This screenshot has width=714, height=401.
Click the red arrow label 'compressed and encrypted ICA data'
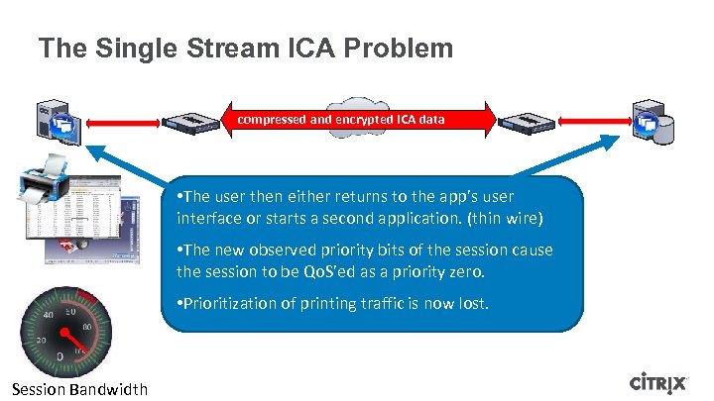point(340,120)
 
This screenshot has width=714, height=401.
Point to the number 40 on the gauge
point(48,316)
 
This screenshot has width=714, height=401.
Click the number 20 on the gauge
point(41,340)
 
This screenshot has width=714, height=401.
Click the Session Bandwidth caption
point(80,389)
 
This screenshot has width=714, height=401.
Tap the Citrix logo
point(663,383)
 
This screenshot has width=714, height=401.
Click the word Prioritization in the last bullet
point(226,304)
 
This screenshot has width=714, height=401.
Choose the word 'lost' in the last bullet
point(471,304)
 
